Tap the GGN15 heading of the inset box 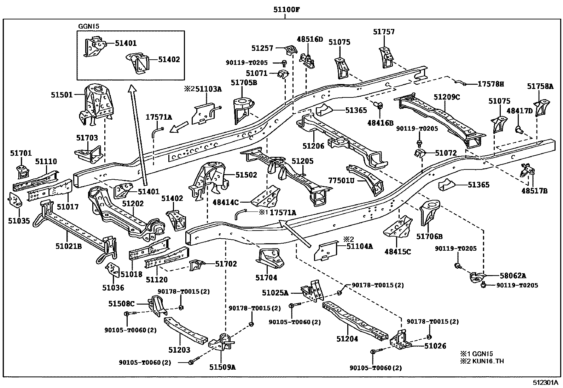(88, 26)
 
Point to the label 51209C (447, 97)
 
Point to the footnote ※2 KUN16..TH (482, 361)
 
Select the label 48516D (310, 39)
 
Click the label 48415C (397, 252)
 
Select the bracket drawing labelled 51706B (430, 212)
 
